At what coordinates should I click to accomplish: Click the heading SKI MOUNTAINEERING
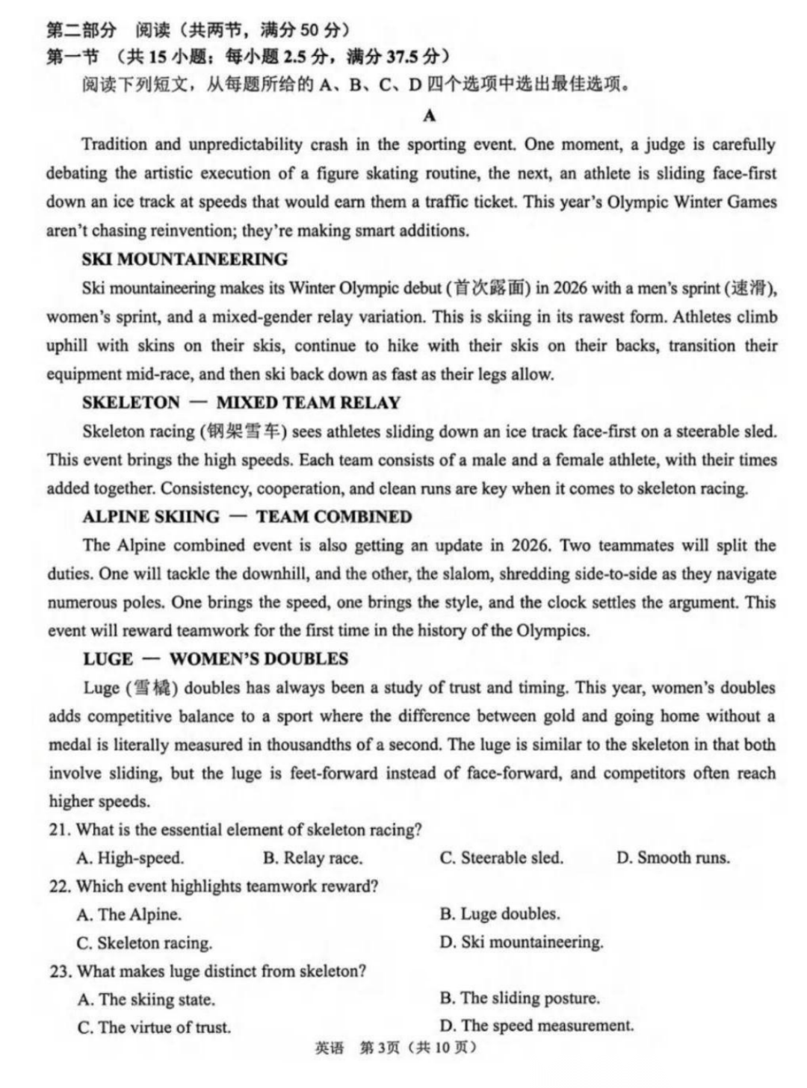pyautogui.click(x=185, y=259)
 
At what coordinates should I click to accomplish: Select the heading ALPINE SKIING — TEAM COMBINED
pyautogui.click(x=247, y=517)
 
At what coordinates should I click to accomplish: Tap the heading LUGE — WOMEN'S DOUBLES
pyautogui.click(x=215, y=659)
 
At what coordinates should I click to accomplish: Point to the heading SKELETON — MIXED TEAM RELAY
pyautogui.click(x=241, y=402)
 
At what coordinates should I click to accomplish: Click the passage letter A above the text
pyautogui.click(x=429, y=115)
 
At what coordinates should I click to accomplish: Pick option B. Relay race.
pyautogui.click(x=312, y=858)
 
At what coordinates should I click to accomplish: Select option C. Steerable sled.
pyautogui.click(x=501, y=858)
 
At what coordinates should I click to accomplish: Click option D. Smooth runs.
pyautogui.click(x=672, y=858)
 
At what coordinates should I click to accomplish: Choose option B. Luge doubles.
pyautogui.click(x=500, y=914)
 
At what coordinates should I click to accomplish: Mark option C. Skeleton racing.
pyautogui.click(x=144, y=943)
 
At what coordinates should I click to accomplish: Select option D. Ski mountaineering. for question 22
pyautogui.click(x=522, y=942)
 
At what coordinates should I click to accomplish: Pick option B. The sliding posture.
pyautogui.click(x=520, y=998)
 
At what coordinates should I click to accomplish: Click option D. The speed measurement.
pyautogui.click(x=537, y=1026)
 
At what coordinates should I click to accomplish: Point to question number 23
pyautogui.click(x=60, y=972)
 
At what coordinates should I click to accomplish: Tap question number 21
pyautogui.click(x=60, y=830)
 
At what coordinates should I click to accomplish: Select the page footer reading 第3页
pyautogui.click(x=380, y=1048)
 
